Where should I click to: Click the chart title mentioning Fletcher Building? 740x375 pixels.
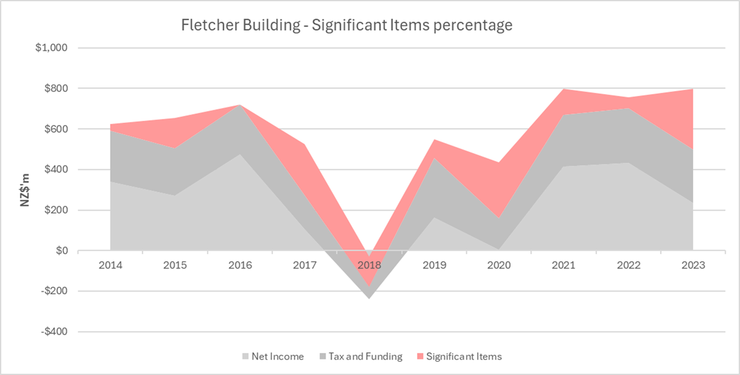click(347, 26)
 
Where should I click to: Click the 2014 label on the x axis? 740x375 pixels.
click(110, 265)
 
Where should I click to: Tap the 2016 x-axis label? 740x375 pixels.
click(240, 265)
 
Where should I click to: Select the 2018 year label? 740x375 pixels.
click(369, 265)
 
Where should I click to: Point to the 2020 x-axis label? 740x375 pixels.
click(499, 265)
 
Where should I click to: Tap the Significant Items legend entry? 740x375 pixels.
click(464, 357)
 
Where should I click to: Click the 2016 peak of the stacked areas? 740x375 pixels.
click(240, 105)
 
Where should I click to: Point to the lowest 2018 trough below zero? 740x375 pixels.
click(369, 299)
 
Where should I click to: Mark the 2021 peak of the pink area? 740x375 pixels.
click(564, 89)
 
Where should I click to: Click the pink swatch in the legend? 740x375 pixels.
click(420, 357)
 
